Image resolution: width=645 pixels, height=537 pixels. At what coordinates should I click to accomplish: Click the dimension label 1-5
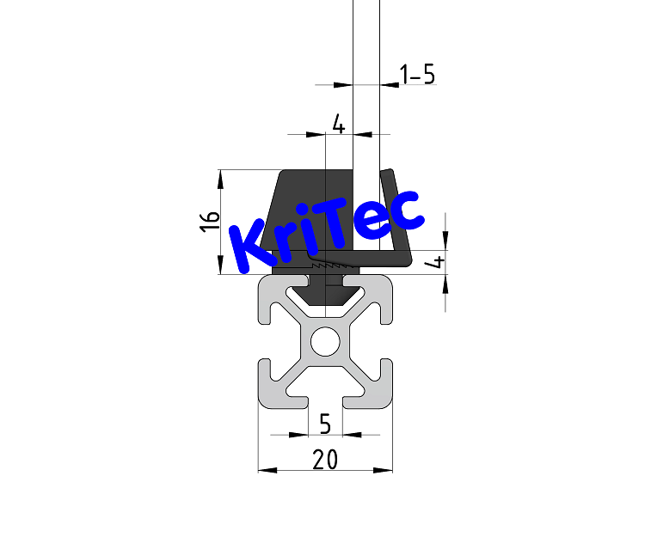(418, 75)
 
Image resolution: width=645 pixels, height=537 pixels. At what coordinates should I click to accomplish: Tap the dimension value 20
(325, 460)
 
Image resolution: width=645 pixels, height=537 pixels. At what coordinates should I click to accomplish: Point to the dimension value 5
(325, 424)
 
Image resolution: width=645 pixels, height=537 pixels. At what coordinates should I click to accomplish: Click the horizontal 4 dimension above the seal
(339, 125)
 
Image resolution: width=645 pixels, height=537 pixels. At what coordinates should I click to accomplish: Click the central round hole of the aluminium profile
(325, 342)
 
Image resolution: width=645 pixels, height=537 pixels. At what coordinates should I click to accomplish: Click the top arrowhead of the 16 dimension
(221, 177)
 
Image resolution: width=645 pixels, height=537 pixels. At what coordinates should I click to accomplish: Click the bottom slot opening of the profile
(325, 400)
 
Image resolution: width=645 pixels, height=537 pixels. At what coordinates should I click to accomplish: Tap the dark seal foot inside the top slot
(325, 292)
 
